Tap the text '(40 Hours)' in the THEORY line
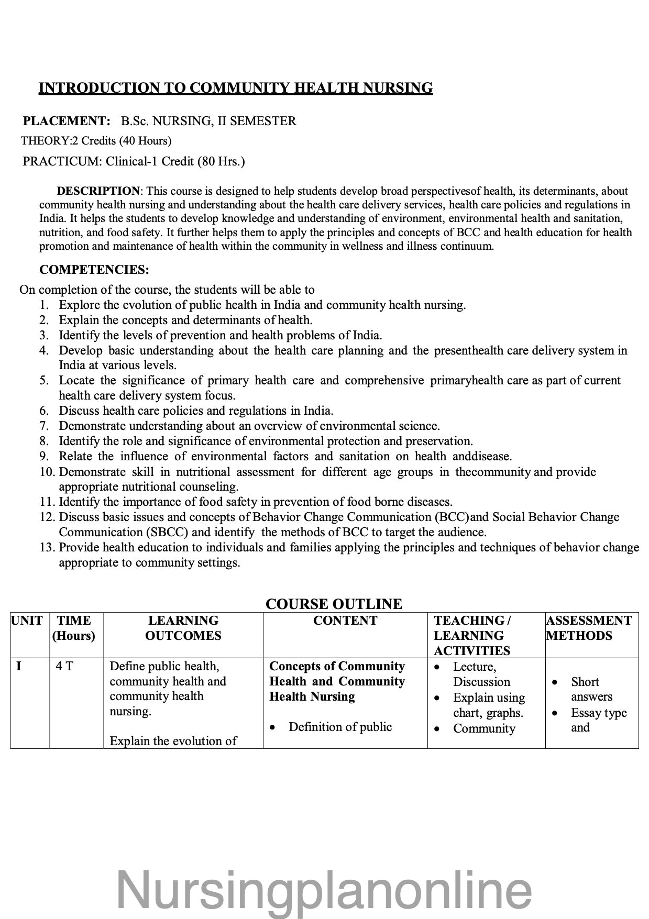[145, 141]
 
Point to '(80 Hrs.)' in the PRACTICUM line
[221, 161]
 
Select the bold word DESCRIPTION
[98, 191]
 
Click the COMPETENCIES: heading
[94, 270]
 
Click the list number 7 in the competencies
[44, 426]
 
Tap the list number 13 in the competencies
[47, 547]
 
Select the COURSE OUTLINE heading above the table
[334, 604]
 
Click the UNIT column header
[27, 621]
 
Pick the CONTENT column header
[345, 621]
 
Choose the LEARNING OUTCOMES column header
[183, 628]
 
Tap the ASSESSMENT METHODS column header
[589, 628]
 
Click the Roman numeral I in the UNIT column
[19, 667]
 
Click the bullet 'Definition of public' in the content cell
[340, 727]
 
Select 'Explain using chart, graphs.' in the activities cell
[488, 705]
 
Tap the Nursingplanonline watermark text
[324, 890]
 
